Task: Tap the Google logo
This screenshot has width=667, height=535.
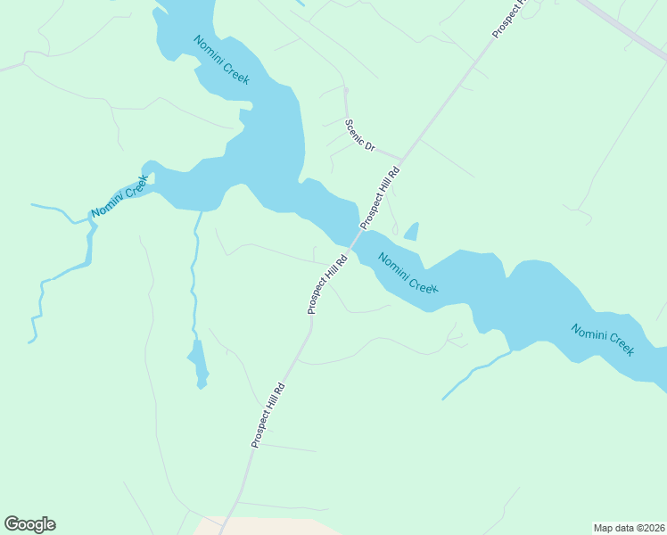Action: coord(29,523)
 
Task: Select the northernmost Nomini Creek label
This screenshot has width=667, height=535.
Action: coord(221,60)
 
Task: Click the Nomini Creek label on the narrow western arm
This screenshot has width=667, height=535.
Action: coord(119,197)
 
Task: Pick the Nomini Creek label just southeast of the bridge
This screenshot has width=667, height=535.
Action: coord(408,274)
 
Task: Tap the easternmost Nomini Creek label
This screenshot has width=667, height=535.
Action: coord(603,338)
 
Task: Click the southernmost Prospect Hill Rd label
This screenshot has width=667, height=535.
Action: coord(268,415)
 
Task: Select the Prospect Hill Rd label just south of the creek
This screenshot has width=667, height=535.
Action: coord(326,285)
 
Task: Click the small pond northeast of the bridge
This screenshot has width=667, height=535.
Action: coord(411,233)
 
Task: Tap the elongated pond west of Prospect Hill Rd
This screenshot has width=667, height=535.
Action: coord(199,364)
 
